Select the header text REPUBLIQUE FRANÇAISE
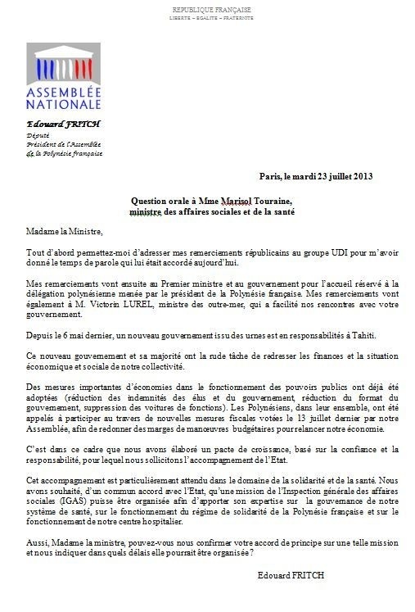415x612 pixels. coord(211,9)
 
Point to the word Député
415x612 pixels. coord(38,134)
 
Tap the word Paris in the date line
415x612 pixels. coord(268,176)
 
